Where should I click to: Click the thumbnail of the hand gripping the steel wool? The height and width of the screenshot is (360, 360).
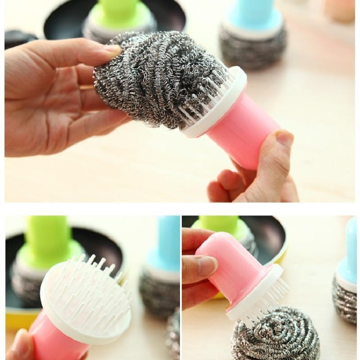pos(112,48)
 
